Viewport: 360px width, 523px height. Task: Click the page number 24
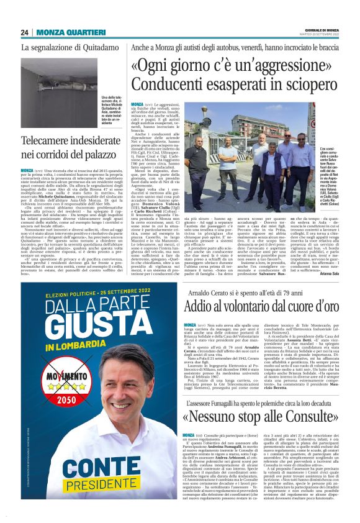pos(25,32)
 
